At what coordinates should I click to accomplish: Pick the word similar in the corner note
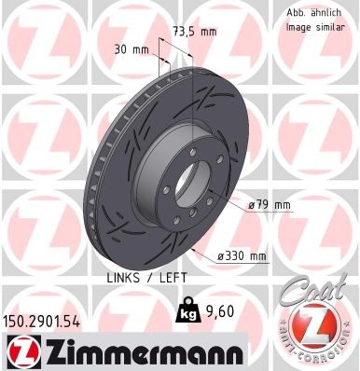[x=331, y=27]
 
